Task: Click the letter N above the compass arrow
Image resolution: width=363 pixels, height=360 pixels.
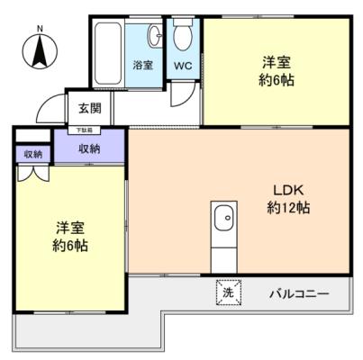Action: coord(39,28)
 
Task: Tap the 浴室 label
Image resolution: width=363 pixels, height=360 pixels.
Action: coord(142,66)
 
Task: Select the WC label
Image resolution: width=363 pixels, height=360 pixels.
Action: coord(183,66)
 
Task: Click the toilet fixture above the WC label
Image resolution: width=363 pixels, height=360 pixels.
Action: coord(183,37)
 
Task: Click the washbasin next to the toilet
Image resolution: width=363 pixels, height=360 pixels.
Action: coord(155,37)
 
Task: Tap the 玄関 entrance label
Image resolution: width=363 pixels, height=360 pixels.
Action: coord(89,109)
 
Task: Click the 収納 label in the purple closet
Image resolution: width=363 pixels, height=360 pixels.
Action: coord(89,148)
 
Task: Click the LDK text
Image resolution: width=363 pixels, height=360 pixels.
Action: coord(291,191)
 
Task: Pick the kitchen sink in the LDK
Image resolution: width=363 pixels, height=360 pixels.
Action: coord(223,218)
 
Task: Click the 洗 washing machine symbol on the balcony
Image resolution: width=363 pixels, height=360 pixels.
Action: coord(228,292)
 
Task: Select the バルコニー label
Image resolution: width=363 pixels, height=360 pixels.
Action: coord(298,293)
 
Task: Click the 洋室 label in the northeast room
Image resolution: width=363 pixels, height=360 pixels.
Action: coord(277,61)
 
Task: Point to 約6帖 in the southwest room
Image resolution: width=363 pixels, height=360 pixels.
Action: coord(69,246)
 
